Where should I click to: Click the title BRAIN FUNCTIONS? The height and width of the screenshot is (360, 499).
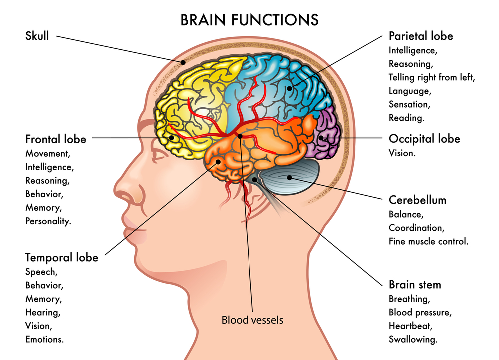249,19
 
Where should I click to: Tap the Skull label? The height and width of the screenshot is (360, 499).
37,36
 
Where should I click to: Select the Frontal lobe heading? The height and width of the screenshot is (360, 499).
56,139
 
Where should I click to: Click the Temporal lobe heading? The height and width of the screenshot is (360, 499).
62,257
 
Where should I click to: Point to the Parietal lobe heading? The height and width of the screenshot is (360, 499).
421,36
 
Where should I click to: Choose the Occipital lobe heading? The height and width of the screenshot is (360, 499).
424,138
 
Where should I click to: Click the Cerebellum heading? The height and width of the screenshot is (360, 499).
417,200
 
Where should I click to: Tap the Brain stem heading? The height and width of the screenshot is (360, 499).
415,285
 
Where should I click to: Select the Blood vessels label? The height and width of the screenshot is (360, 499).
252,320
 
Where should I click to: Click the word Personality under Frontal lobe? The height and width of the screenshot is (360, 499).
48,220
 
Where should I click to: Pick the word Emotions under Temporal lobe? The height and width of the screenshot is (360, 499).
45,339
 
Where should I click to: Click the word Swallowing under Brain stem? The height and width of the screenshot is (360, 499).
413,339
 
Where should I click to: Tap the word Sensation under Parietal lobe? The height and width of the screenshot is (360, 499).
409,104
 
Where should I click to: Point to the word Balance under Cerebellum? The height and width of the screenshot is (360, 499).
406,214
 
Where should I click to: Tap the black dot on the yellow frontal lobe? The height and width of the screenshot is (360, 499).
171,137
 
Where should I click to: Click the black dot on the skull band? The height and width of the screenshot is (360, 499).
183,63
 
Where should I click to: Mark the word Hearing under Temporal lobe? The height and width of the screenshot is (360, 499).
43,312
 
